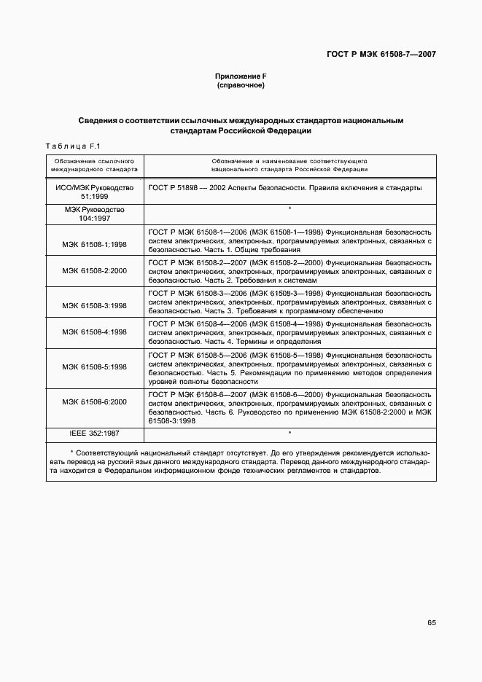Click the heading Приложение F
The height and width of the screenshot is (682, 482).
(240, 77)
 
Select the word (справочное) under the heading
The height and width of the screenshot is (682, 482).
(240, 86)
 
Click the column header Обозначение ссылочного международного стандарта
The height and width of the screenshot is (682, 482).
(95, 164)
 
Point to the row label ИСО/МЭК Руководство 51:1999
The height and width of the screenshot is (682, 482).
(95, 192)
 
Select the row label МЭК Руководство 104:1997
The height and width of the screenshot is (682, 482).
(95, 213)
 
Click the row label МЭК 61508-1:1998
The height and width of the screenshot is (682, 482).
(95, 244)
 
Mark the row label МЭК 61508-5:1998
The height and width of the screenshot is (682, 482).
(95, 367)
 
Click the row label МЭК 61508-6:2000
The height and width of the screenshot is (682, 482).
(95, 401)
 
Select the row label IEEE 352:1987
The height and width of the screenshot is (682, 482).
(95, 434)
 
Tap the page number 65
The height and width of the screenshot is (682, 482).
(432, 623)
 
